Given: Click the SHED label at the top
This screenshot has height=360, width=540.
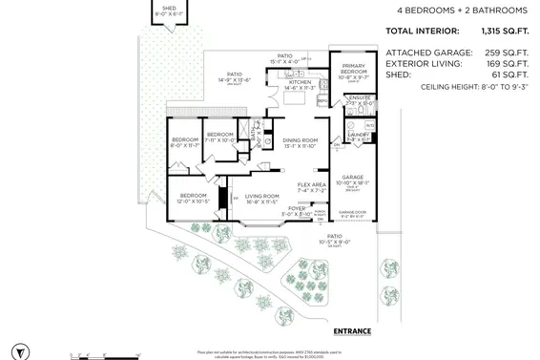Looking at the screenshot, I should click(x=170, y=7).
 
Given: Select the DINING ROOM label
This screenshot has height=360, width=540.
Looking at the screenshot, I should click(x=299, y=141).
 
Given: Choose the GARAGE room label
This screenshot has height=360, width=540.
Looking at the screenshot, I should click(x=353, y=177).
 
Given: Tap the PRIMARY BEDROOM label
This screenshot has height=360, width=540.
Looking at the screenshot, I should click(x=355, y=70).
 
